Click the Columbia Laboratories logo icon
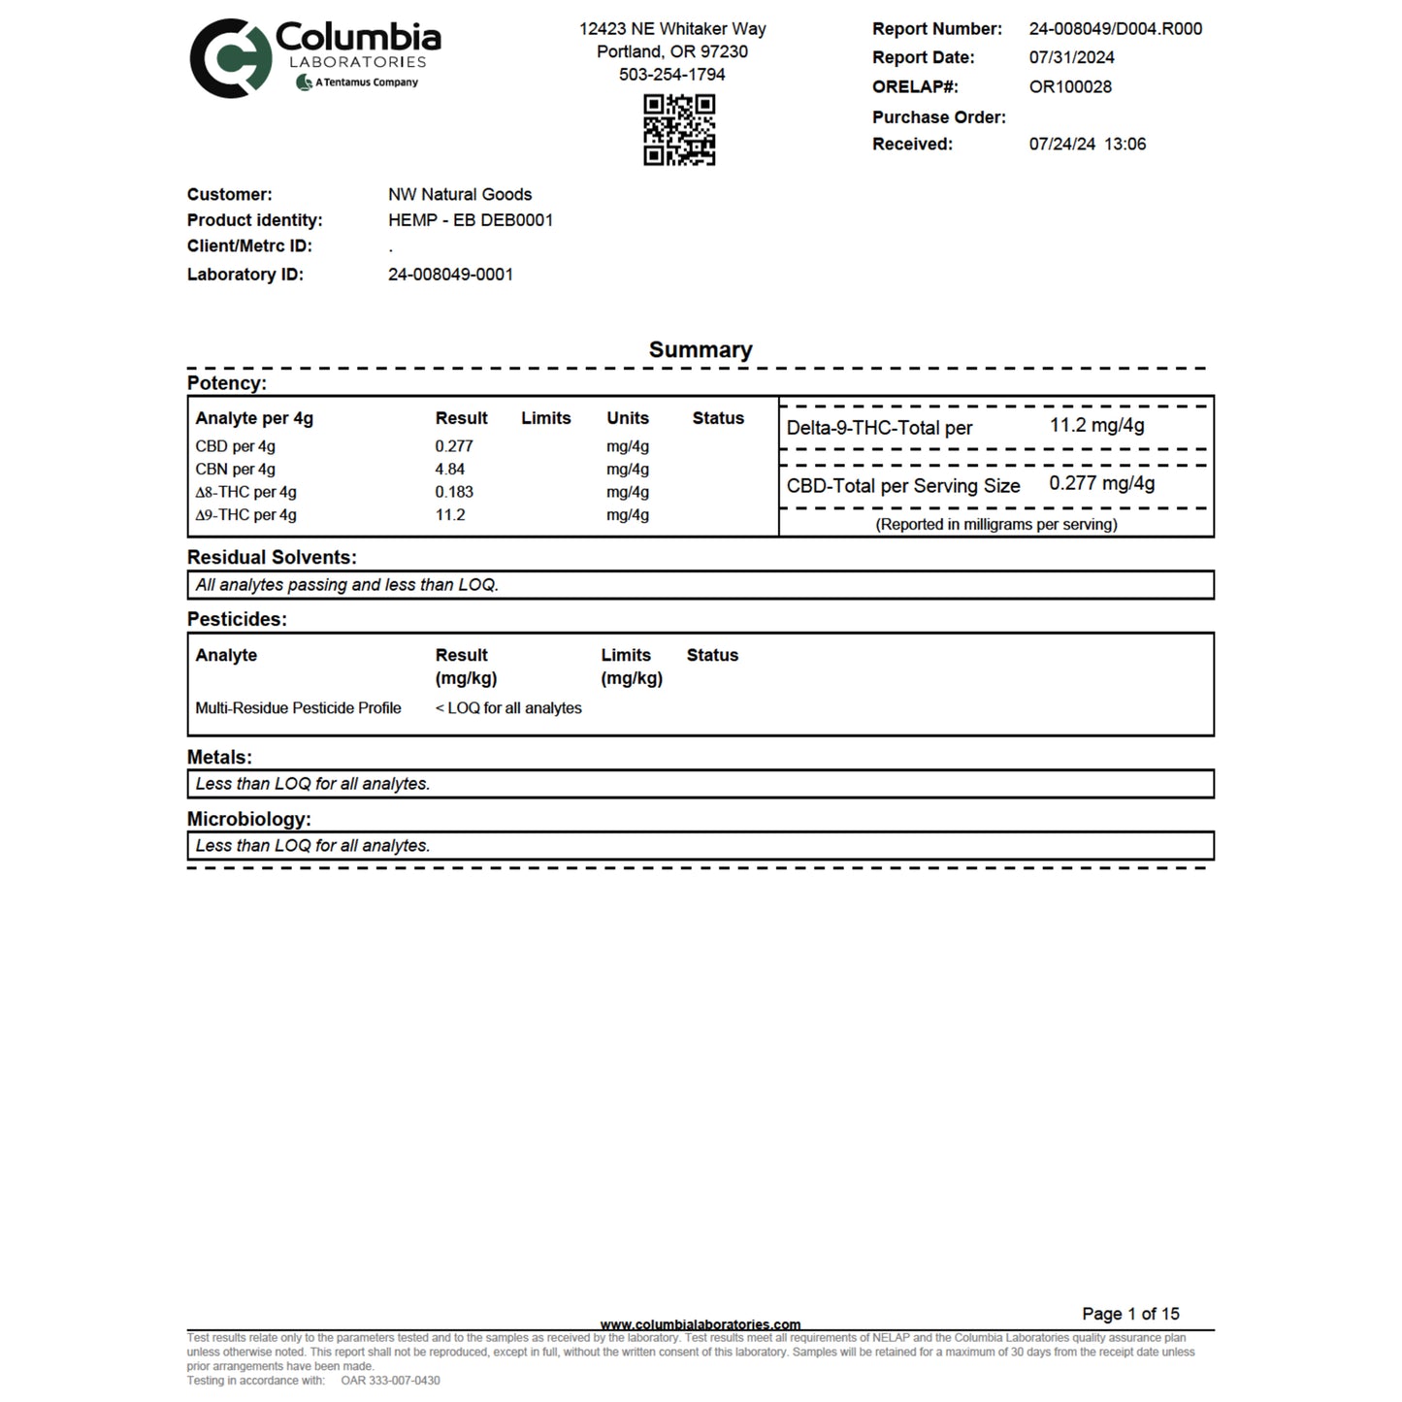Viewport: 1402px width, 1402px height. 230,58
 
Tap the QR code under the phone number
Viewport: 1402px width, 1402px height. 679,129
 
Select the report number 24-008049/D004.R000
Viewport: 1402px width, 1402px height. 1115,29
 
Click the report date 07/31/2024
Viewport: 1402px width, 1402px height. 1071,57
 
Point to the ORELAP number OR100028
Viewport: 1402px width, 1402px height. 1070,86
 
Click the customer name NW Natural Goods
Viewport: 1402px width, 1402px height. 460,194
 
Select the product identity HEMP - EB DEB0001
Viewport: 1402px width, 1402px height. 471,220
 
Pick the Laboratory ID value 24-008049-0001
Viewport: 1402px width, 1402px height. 450,275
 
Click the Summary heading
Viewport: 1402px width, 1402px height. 701,349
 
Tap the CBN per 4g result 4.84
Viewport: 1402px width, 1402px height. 450,470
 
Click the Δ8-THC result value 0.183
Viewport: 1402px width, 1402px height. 454,492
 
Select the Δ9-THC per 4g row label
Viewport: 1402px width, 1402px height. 245,515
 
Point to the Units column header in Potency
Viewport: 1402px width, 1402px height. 628,418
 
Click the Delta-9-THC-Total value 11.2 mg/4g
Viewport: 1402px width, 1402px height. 1096,425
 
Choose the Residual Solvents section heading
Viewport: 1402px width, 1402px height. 272,557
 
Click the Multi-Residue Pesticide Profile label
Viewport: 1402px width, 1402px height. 298,708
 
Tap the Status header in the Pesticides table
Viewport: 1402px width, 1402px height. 712,655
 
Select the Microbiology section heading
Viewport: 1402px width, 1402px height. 248,819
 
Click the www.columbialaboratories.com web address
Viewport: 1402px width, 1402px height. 701,1324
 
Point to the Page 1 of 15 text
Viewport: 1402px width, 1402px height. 1130,1314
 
